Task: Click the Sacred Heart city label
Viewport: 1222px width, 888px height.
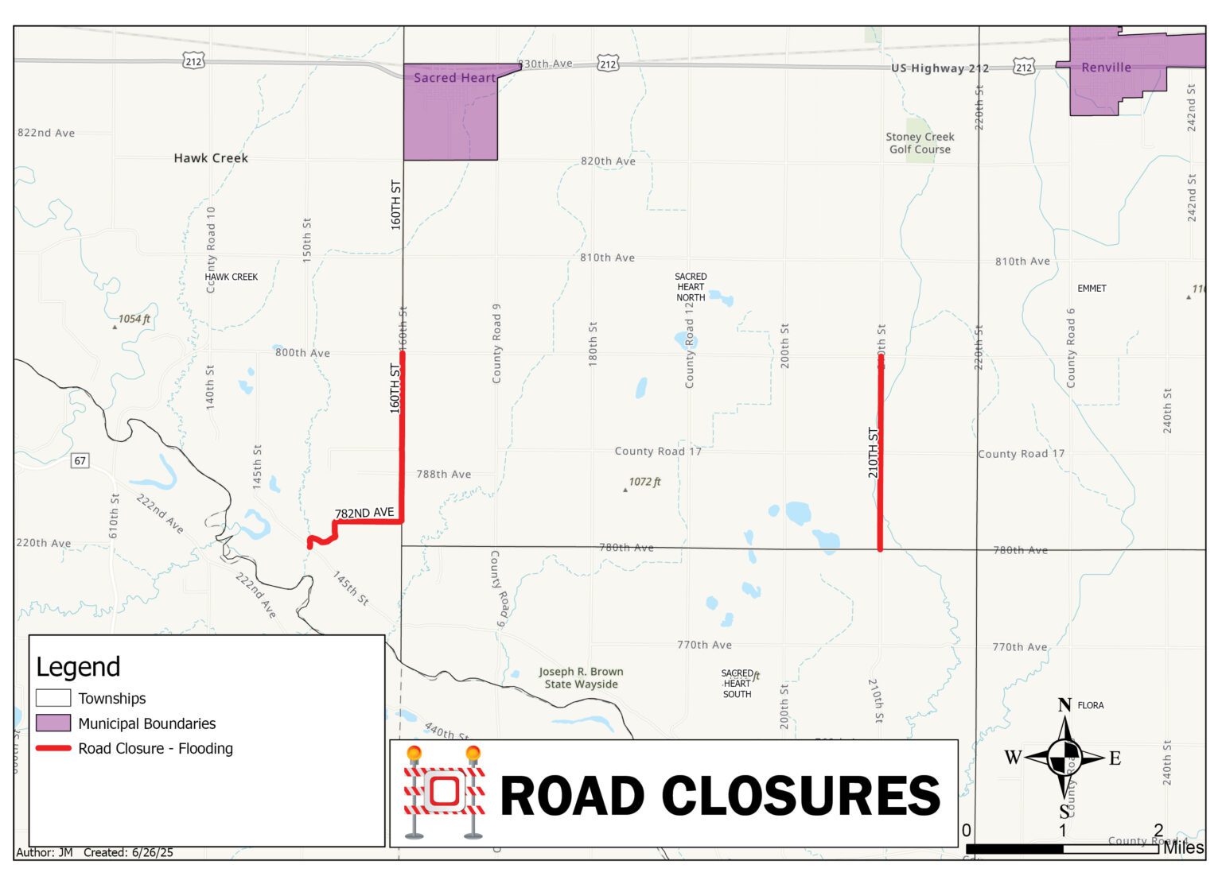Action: [454, 78]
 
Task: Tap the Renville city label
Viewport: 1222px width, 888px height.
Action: [1106, 68]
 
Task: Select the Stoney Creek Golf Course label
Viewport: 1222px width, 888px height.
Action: [920, 143]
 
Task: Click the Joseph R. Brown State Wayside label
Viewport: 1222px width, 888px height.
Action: [581, 678]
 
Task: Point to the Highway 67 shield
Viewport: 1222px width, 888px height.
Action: [80, 460]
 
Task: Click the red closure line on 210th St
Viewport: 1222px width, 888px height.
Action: [880, 453]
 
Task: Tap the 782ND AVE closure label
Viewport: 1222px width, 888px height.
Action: [364, 514]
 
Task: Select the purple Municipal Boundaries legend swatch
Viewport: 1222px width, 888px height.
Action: [53, 723]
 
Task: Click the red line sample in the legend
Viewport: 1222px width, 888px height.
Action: [53, 749]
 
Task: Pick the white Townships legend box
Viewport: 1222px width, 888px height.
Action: [53, 698]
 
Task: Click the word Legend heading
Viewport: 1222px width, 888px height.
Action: [78, 667]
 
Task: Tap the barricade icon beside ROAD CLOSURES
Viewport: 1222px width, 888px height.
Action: [444, 792]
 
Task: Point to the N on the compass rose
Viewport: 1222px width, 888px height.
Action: [1064, 705]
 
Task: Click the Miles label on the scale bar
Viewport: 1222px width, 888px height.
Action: [1183, 848]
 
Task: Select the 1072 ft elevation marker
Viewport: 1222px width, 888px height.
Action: [644, 482]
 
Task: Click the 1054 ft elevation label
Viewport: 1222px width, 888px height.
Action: [134, 319]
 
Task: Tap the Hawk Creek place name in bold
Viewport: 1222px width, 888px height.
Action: [211, 158]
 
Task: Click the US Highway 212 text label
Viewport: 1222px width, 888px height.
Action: [940, 68]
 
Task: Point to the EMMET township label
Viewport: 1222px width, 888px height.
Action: [1092, 289]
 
